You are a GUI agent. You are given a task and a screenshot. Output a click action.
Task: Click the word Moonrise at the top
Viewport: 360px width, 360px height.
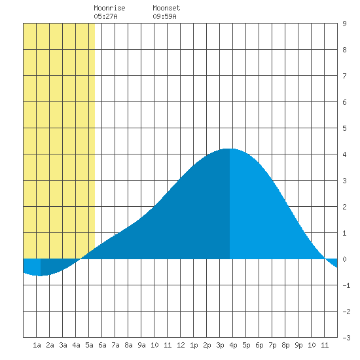109,8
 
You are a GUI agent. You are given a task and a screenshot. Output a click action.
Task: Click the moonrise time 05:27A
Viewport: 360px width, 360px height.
105,16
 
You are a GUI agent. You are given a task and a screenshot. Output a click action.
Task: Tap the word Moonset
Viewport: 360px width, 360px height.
166,8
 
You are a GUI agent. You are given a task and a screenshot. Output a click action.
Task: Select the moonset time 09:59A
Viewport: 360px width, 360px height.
164,16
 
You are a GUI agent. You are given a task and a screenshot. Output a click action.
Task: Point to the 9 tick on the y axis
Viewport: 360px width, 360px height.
344,24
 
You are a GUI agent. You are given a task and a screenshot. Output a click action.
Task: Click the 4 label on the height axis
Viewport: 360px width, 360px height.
344,154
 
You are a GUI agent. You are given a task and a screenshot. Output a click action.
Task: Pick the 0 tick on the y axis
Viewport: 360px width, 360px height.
344,259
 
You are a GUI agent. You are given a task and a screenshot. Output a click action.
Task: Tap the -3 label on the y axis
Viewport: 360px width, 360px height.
346,338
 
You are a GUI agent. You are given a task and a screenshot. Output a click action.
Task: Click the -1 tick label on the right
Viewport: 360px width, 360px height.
346,285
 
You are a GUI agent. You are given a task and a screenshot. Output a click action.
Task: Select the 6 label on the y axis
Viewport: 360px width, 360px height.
344,102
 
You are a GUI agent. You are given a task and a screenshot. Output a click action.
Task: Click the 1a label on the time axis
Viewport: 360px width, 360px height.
37,345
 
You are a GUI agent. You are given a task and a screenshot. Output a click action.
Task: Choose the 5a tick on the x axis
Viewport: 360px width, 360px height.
89,345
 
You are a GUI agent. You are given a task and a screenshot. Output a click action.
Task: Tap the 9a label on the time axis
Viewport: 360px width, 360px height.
141,345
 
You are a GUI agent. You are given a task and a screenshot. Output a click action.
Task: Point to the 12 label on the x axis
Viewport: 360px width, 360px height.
181,345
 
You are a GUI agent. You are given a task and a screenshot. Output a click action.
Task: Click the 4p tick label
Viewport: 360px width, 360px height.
233,345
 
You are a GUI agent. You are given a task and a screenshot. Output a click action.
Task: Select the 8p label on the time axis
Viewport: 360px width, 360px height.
285,345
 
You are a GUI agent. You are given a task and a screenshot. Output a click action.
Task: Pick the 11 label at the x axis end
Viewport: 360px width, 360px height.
325,345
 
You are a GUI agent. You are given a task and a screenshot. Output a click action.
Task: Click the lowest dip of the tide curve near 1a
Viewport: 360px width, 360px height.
41,276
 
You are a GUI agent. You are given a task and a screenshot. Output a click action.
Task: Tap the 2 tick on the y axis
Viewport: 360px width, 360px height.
344,207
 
